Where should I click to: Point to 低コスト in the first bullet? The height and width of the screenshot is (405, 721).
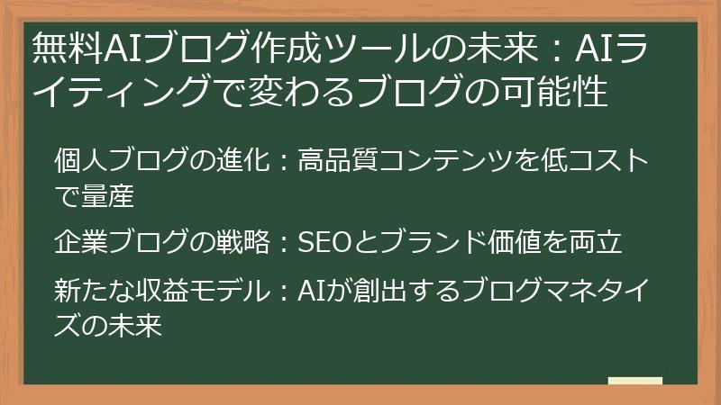point(591,161)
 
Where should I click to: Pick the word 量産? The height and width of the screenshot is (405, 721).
point(112,193)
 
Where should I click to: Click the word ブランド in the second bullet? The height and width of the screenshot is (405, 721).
point(424,241)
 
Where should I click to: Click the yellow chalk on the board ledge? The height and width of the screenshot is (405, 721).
point(634,382)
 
